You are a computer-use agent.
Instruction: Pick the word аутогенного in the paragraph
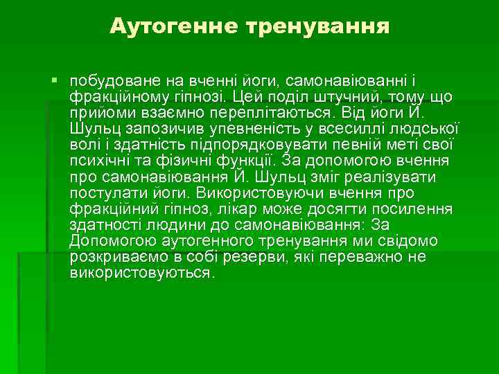tap(213, 240)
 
